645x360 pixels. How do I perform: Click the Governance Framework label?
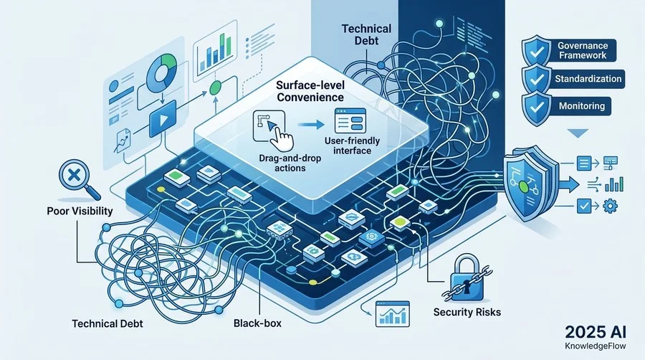582,50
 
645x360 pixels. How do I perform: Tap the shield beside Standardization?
536,79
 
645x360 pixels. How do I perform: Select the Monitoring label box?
581,106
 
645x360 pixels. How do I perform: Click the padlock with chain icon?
467,278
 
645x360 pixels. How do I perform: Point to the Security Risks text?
467,312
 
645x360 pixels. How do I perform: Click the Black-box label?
257,323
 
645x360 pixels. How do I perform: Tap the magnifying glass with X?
79,179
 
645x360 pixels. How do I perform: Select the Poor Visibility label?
80,211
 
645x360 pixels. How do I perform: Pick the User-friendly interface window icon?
350,120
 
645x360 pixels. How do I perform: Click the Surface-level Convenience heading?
310,91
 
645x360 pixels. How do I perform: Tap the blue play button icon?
163,119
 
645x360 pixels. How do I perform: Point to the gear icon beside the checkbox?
610,205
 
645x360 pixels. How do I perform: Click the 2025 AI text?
596,332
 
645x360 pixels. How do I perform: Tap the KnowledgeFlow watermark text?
596,346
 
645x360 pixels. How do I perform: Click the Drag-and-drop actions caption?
290,164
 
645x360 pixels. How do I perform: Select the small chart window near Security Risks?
393,314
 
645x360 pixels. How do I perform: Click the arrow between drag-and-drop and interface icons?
311,124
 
